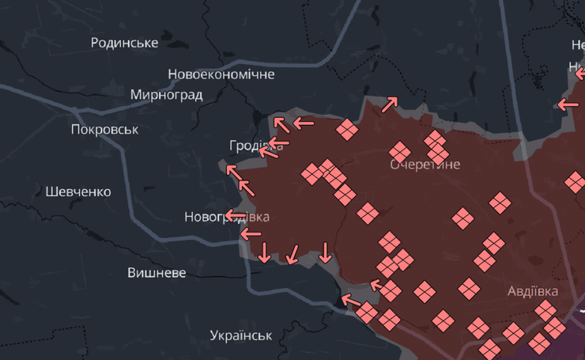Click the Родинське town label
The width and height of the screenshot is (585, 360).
point(124,43)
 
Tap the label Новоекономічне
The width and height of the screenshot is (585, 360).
point(221,74)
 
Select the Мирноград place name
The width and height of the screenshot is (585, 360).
point(166,95)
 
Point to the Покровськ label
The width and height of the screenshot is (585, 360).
point(104,130)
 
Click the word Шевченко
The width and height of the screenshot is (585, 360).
point(78,191)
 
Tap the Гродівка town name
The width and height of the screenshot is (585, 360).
point(255,146)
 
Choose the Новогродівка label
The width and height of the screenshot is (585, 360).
point(227,217)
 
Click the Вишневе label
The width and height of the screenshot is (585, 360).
point(157,273)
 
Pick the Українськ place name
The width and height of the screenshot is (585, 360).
point(241,335)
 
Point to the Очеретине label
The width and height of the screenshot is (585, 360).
point(425,165)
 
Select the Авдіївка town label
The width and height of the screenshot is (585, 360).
point(532,291)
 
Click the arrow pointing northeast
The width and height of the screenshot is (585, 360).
point(390,104)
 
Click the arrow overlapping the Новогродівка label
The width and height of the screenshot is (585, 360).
point(235,214)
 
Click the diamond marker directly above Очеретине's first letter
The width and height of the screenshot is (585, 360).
point(400,150)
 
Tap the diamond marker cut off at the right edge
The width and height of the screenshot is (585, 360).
point(576,182)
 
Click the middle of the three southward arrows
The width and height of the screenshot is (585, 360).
point(292,254)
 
